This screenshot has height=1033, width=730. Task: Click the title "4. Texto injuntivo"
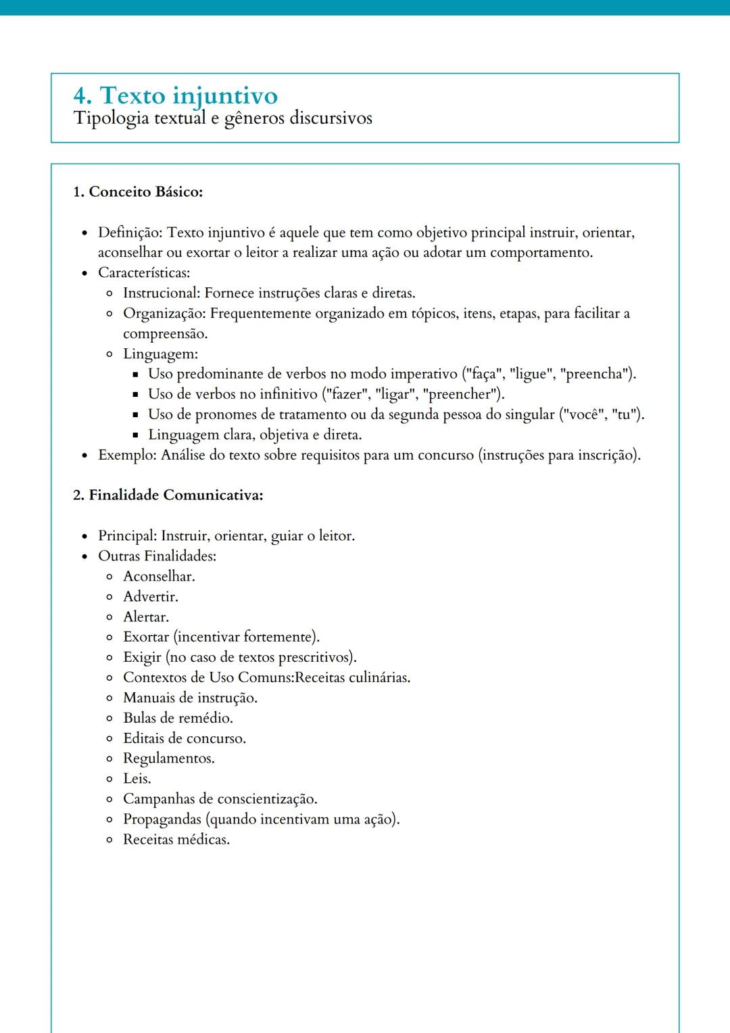point(175,95)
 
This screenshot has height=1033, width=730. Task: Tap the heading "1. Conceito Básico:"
point(138,192)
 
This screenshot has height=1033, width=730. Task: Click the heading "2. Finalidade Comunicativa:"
point(168,496)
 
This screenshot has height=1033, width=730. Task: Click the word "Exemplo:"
point(128,455)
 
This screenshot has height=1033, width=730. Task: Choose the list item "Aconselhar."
point(159,577)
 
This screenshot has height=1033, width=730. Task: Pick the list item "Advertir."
point(151,597)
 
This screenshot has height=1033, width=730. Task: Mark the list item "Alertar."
point(146,617)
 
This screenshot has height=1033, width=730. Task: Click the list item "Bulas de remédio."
point(178,718)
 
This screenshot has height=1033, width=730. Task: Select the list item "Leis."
point(137,779)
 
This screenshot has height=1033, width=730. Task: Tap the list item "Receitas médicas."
point(176,840)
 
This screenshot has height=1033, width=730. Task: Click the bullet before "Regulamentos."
point(109,759)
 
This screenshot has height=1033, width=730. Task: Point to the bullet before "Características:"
point(84,274)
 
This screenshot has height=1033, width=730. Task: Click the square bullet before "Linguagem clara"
point(135,435)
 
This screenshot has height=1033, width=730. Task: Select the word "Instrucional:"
point(162,293)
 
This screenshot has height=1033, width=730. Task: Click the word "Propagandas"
point(162,819)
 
